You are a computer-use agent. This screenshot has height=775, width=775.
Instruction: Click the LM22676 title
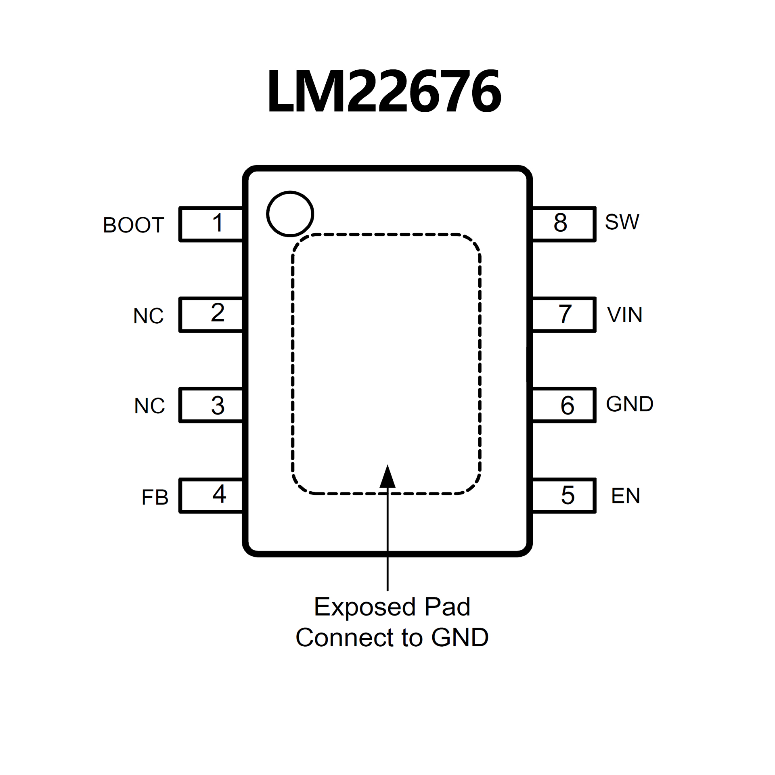click(384, 92)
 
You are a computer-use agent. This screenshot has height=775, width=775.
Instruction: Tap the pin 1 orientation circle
click(290, 214)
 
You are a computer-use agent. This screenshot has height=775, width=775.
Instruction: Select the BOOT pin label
click(133, 225)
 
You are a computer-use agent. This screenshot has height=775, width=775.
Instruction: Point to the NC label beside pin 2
click(148, 316)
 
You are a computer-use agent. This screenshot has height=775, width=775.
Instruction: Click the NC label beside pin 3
click(149, 406)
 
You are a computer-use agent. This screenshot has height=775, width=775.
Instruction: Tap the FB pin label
click(155, 497)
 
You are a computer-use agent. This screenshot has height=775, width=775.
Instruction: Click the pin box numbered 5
click(563, 495)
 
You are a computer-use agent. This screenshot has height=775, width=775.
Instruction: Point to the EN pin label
click(625, 496)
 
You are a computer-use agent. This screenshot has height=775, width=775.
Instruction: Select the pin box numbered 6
click(563, 405)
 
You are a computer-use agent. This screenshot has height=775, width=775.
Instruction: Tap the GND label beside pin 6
click(629, 404)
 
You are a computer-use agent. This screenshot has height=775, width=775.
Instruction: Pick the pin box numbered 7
click(563, 314)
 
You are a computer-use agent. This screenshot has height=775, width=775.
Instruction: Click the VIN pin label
click(624, 314)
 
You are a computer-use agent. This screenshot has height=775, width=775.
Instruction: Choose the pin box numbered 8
click(563, 224)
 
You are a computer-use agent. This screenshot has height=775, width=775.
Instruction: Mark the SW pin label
click(622, 222)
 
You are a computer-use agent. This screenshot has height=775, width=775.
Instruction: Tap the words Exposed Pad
click(392, 606)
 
